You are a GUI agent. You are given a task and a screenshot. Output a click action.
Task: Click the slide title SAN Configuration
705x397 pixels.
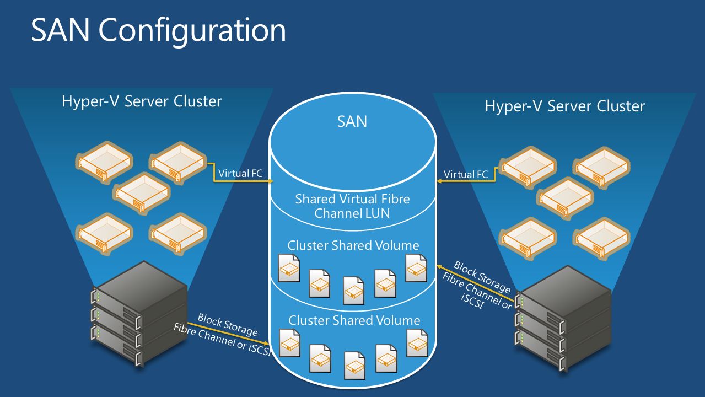158,31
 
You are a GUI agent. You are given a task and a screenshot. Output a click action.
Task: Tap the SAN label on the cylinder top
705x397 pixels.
352,121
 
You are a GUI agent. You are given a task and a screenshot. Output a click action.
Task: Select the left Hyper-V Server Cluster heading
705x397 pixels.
142,101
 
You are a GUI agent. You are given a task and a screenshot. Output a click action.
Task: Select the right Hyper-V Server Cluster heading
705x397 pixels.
564,106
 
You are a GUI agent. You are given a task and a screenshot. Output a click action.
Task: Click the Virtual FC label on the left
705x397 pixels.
240,173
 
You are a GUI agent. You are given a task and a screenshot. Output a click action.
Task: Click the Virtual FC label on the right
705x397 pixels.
466,175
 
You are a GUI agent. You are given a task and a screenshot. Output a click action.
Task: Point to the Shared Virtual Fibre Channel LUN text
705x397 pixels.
352,206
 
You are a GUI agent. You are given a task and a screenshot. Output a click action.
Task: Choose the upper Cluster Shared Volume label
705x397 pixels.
353,245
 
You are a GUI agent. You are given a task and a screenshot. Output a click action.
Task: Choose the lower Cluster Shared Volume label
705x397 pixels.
354,320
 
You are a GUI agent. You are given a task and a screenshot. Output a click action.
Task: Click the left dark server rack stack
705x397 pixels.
140,311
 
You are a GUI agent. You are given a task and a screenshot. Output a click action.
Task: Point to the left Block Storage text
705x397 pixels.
227,325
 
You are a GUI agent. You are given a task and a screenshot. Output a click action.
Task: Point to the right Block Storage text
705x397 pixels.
482,276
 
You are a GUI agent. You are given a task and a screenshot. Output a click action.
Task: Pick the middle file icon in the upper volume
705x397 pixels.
353,290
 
